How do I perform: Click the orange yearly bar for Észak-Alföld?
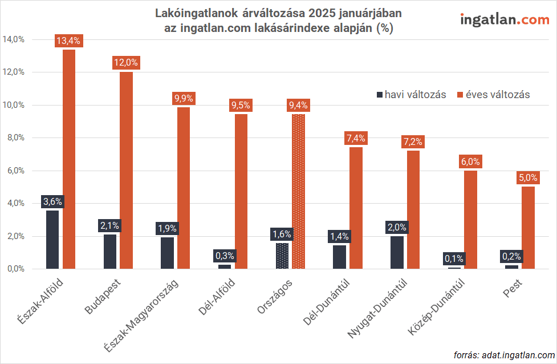pos(69,160)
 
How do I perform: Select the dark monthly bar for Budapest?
pos(110,252)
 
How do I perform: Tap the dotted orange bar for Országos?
pos(298,191)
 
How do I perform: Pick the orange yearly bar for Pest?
pos(528,228)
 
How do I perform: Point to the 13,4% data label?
pos(69,41)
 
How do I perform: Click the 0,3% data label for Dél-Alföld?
pos(225,256)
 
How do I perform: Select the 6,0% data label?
pos(470,161)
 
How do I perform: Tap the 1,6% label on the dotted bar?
pos(282,234)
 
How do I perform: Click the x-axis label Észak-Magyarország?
pos(142,316)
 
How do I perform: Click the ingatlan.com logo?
pos(504,19)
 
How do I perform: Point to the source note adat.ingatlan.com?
pos(504,354)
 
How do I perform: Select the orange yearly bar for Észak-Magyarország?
pos(184,188)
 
